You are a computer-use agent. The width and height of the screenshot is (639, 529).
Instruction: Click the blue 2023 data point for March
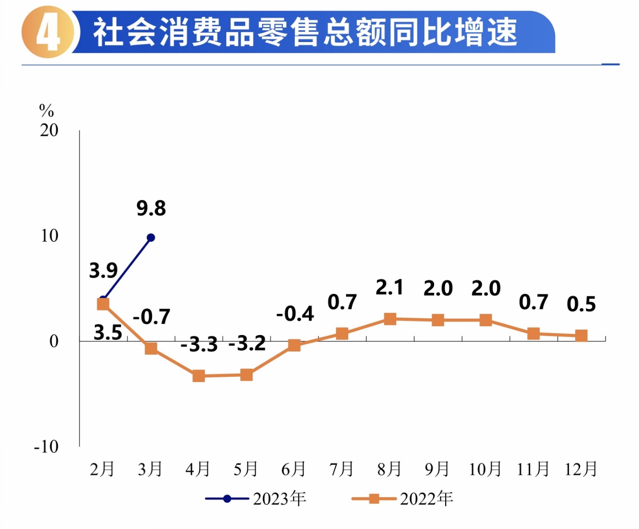(151, 237)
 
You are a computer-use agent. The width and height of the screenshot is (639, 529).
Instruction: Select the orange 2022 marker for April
(199, 376)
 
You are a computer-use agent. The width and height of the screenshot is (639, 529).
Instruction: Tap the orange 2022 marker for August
(390, 319)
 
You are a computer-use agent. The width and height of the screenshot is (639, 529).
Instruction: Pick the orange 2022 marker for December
(581, 336)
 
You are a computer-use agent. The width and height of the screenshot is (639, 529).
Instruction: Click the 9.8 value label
(151, 208)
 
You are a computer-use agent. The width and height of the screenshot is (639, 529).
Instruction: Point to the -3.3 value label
(199, 345)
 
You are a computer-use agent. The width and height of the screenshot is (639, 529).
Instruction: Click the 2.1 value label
(390, 288)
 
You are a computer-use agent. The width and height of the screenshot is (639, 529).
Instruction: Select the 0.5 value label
(581, 304)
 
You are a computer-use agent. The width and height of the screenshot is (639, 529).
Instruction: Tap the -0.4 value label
(295, 314)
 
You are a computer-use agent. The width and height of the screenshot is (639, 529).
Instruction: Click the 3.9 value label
(103, 270)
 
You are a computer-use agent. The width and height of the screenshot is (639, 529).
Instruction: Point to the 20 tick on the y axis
(49, 130)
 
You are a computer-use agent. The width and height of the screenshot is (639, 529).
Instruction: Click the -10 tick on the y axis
(46, 446)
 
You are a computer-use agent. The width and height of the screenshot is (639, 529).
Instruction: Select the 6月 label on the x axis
(294, 469)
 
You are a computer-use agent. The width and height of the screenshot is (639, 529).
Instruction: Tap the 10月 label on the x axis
(485, 469)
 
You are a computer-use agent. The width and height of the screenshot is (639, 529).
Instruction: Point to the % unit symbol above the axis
(46, 111)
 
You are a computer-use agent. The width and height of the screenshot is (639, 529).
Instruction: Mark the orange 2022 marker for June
(294, 345)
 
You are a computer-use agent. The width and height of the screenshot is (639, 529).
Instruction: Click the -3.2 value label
(247, 343)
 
